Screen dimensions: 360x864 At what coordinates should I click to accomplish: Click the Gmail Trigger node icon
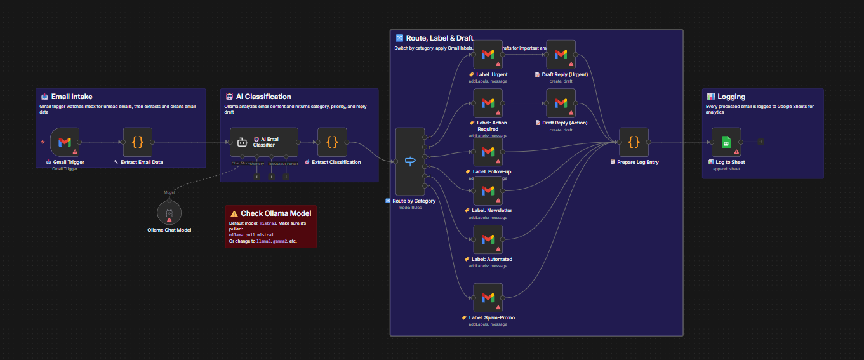[65, 142]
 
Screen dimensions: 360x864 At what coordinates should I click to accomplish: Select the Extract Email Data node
[138, 142]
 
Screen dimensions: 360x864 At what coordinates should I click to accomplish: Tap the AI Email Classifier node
[264, 142]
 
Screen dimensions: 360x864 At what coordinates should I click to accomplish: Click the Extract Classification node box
[332, 142]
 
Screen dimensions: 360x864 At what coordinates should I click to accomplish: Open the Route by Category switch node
[409, 161]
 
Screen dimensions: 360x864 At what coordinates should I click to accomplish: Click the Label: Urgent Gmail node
[488, 55]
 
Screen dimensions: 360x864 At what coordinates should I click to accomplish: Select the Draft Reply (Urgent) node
[561, 55]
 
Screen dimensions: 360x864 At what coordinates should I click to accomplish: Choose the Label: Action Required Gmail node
[488, 103]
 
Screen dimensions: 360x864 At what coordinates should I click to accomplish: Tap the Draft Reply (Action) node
[561, 103]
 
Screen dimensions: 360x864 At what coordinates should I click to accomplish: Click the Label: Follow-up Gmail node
[488, 152]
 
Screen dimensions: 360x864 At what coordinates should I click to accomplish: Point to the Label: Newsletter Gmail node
[488, 190]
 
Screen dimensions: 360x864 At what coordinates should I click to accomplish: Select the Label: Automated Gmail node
[488, 239]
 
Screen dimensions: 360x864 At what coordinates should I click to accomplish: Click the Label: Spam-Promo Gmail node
[488, 298]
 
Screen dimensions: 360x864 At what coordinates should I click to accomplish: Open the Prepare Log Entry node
[634, 142]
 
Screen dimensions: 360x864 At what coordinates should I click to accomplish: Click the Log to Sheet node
[726, 142]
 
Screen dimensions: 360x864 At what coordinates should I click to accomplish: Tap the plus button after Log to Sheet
[761, 142]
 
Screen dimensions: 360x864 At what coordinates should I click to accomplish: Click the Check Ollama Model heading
[276, 213]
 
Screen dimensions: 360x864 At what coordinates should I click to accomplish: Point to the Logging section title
[731, 97]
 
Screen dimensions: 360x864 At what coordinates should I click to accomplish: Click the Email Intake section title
[72, 97]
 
